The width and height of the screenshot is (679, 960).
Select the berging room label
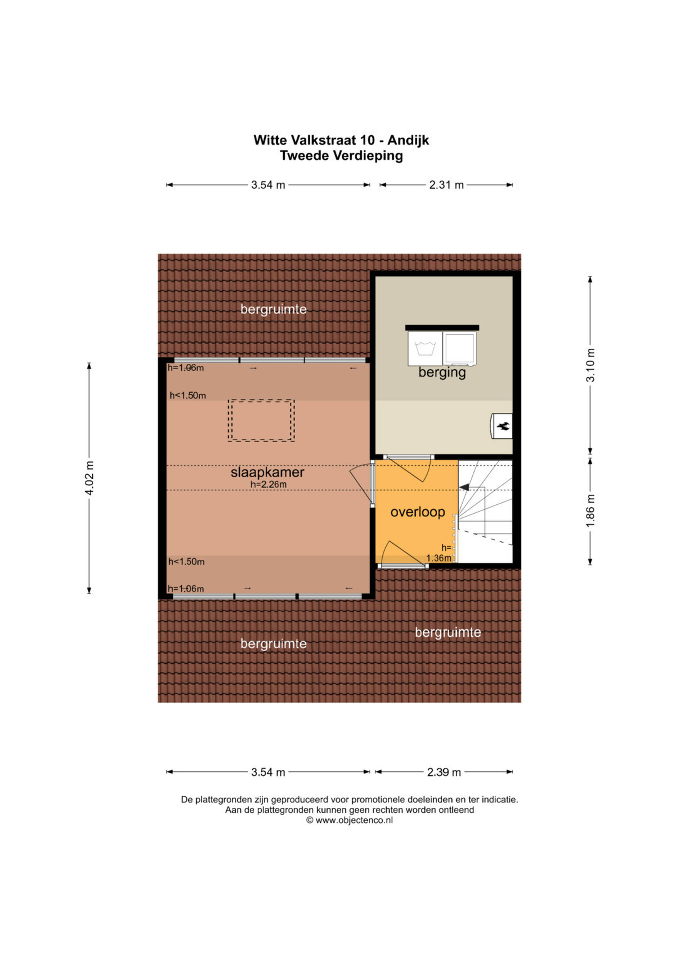coord(442,372)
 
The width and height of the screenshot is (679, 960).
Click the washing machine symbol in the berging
coord(425,348)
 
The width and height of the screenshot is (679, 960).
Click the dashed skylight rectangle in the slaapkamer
coord(261,420)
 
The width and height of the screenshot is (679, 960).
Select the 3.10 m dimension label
coord(590,365)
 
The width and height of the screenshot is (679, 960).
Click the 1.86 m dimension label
coord(590,511)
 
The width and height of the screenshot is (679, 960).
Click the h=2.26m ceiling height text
coord(268,485)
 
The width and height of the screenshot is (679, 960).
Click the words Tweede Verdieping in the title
coord(341,156)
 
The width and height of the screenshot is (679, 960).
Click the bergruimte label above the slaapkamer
coord(273,309)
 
